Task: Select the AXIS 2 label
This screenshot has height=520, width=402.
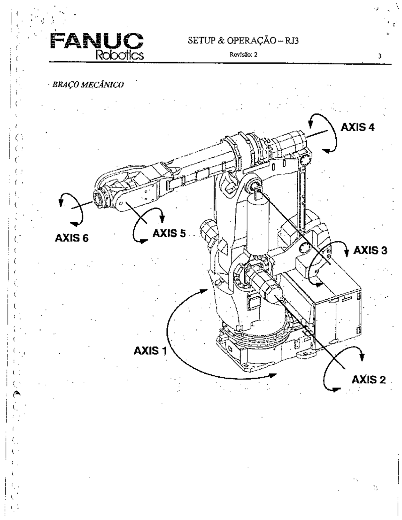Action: [x=368, y=379]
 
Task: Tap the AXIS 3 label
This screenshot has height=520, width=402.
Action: [x=371, y=250]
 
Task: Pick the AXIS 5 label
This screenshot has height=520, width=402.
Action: [x=169, y=233]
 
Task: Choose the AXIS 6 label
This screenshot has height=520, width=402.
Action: [x=72, y=239]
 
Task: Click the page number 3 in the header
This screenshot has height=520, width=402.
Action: [x=379, y=56]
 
